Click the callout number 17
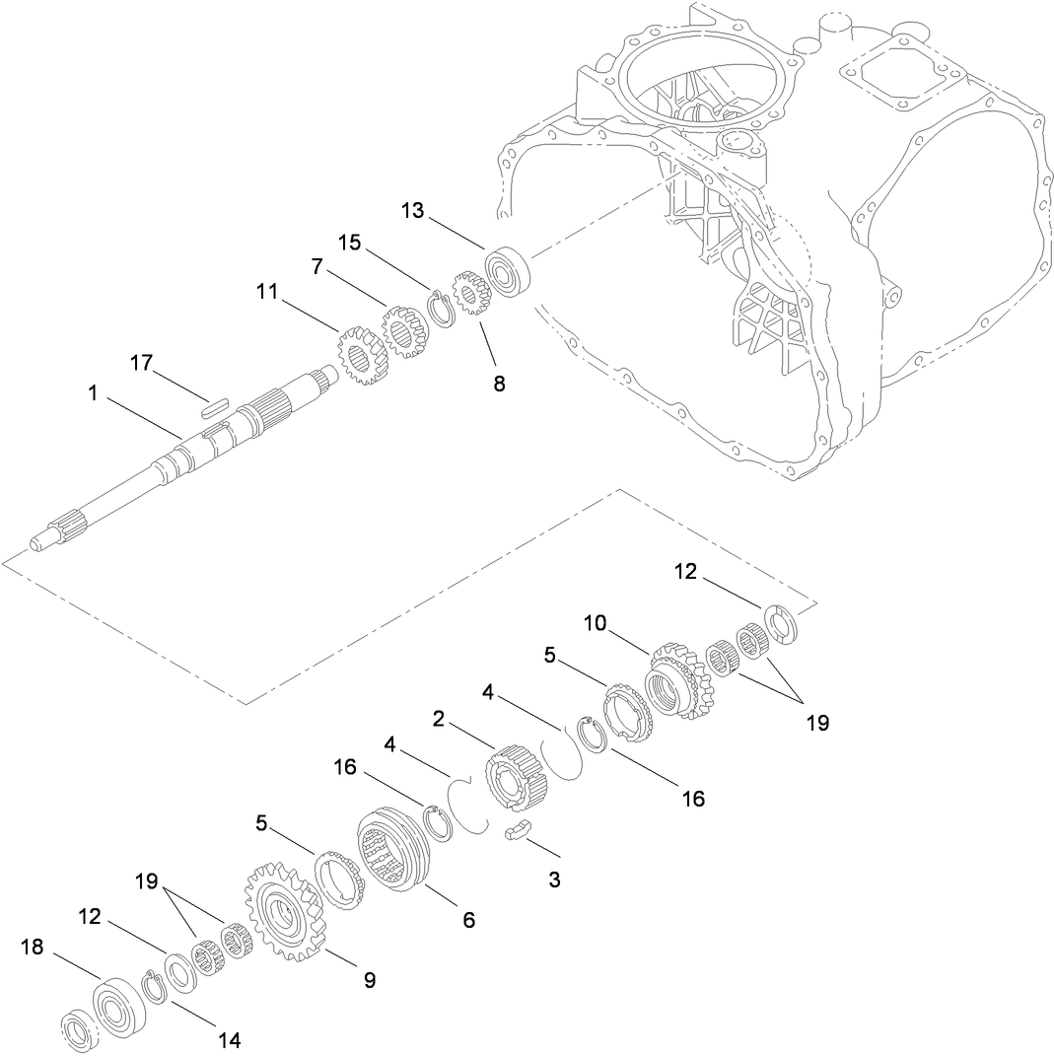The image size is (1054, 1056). [x=141, y=363]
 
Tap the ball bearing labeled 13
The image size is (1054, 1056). [x=510, y=270]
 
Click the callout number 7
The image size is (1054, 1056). [x=317, y=267]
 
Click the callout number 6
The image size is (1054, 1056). [x=468, y=920]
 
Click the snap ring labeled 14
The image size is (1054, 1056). [x=153, y=987]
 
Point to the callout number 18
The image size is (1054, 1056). [x=34, y=948]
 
